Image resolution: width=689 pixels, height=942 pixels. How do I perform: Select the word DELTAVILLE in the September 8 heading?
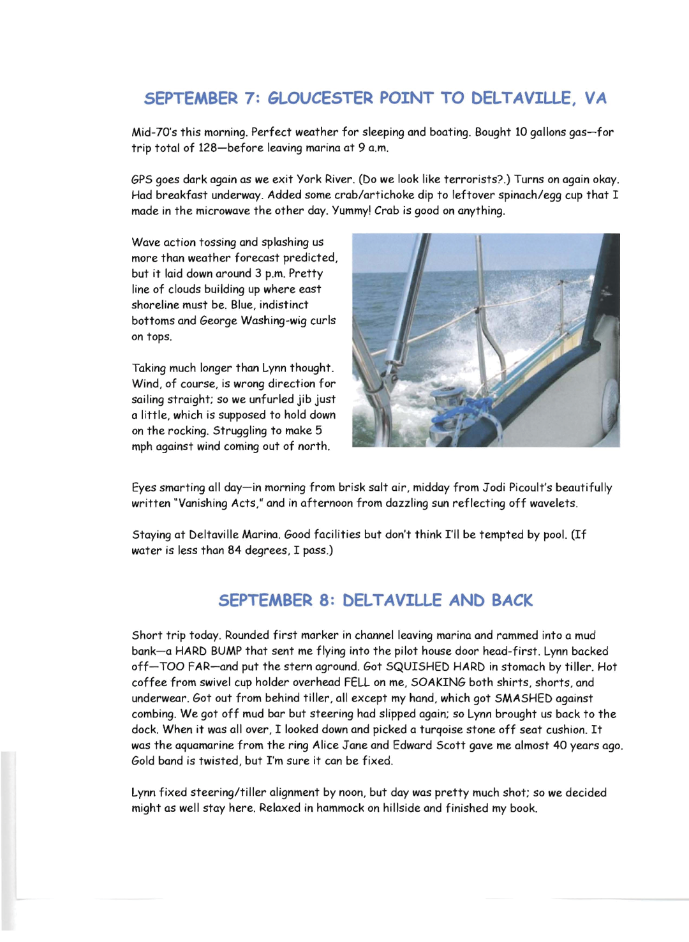pyautogui.click(x=392, y=601)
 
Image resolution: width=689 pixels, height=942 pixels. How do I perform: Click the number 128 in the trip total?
pyautogui.click(x=209, y=148)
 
